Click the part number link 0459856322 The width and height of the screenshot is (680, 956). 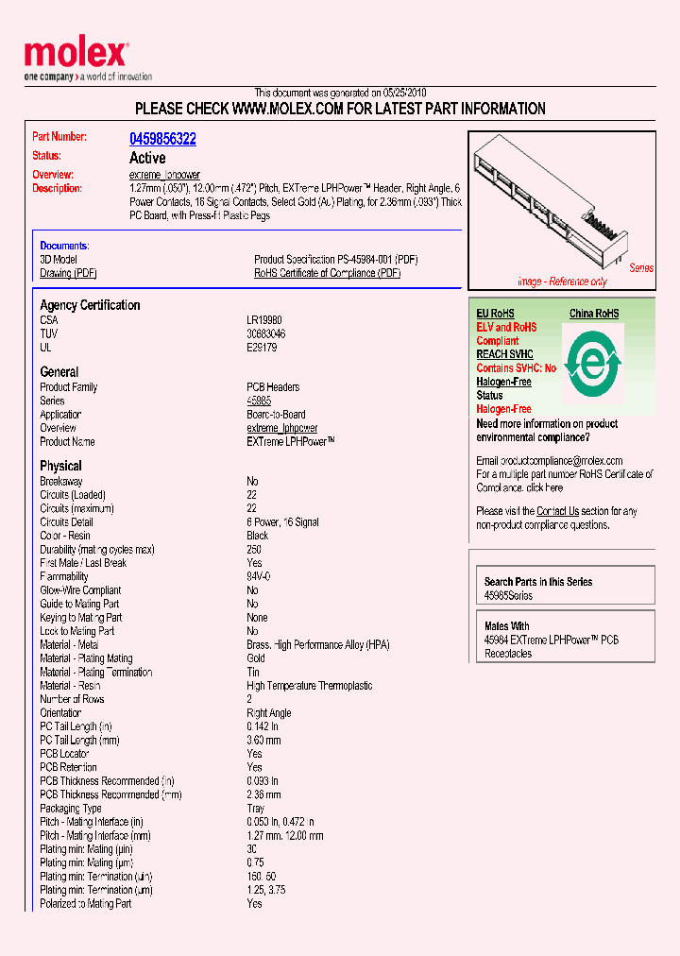pos(162,139)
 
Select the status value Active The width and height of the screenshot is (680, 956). pos(147,158)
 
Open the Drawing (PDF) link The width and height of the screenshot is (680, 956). pos(68,273)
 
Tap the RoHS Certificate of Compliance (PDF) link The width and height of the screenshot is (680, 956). pos(327,273)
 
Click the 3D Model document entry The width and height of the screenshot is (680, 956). pos(59,259)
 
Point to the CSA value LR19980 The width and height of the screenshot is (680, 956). pos(264,320)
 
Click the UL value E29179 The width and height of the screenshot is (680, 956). pos(262,348)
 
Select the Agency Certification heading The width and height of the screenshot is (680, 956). pos(90,305)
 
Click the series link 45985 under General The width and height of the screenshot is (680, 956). pos(259,401)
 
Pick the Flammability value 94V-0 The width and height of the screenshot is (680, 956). pos(259,576)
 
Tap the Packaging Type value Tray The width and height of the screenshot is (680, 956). pos(255,809)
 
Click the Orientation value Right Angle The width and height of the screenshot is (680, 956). pos(269,713)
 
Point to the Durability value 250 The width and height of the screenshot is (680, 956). pos(254,549)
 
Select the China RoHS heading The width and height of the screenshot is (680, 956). pos(593,314)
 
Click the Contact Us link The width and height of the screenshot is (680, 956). pos(557,511)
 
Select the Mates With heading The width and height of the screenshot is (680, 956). pos(507,626)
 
